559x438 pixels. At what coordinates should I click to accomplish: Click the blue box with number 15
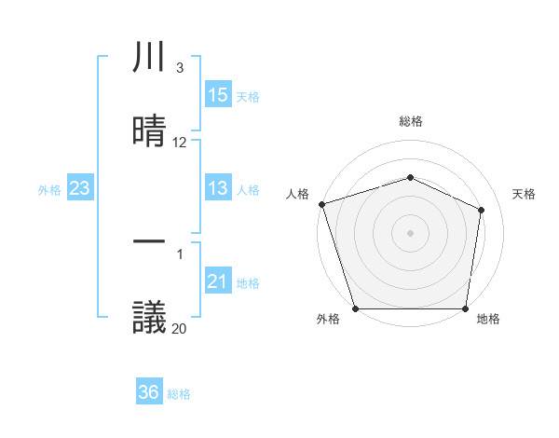click(x=217, y=95)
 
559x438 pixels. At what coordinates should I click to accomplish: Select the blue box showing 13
click(x=217, y=188)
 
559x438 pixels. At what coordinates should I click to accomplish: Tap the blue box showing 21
click(x=217, y=281)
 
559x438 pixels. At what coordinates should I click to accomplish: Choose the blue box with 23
click(x=80, y=188)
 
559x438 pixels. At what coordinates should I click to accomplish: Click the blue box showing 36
click(x=149, y=392)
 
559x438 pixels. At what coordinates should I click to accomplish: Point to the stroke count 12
click(x=180, y=143)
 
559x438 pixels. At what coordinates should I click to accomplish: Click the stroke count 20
click(x=180, y=327)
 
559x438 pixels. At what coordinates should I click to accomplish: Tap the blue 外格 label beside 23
click(x=49, y=189)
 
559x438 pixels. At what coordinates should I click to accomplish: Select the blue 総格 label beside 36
click(x=179, y=394)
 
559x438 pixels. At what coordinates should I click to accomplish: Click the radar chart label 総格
click(x=411, y=121)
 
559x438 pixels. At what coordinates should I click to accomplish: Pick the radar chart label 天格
click(x=525, y=194)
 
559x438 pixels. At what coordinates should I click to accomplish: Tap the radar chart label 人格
click(x=297, y=194)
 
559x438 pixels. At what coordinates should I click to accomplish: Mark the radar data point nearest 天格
click(x=482, y=209)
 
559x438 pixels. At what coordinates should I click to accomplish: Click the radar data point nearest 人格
click(x=321, y=203)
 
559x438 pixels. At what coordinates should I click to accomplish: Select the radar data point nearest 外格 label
click(x=355, y=308)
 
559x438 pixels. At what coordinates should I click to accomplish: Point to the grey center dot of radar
click(x=410, y=232)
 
